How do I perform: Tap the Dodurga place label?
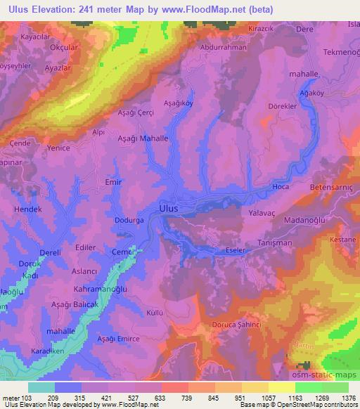coord(129,221)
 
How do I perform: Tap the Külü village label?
coord(155,311)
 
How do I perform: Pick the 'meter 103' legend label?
coord(16,397)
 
